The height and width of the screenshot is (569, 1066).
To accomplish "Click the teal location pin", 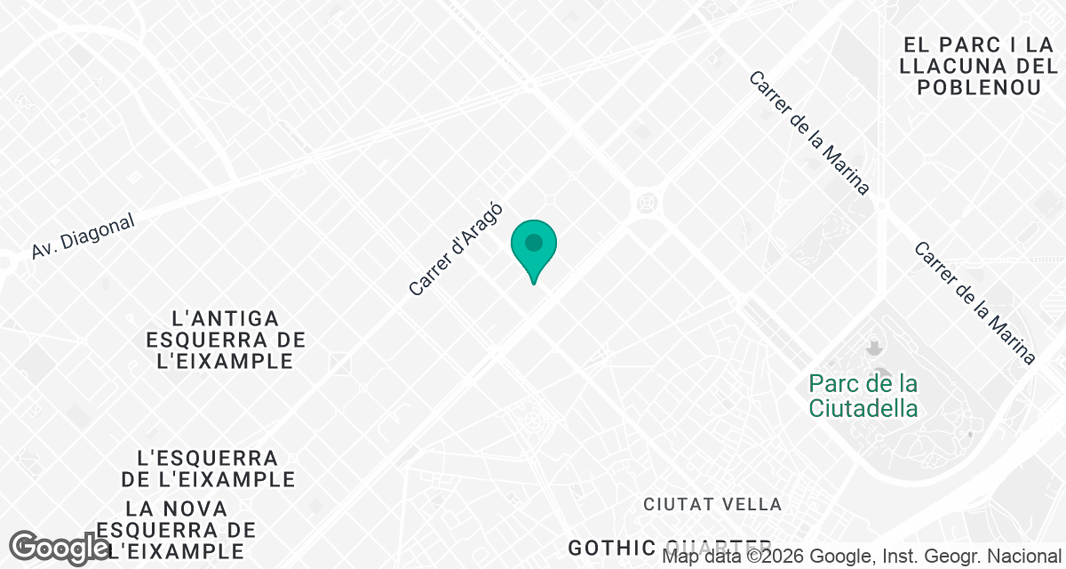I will [533, 249].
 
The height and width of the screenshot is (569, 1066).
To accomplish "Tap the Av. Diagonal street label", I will [83, 236].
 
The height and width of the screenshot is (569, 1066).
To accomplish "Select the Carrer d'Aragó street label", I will [457, 250].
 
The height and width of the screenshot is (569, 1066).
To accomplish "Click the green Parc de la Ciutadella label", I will [863, 397].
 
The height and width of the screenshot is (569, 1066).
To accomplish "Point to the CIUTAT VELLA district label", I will [712, 505].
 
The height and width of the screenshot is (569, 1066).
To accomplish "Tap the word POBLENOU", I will [979, 87].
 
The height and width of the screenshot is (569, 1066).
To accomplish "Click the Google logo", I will [60, 548].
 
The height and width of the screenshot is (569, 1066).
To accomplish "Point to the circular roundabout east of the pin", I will [646, 204].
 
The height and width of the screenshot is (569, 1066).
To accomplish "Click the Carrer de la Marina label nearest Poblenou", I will [807, 133].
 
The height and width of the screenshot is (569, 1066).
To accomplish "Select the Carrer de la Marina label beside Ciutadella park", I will [975, 303].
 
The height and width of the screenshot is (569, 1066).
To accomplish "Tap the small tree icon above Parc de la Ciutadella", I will [874, 346].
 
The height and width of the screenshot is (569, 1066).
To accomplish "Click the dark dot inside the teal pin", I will [533, 242].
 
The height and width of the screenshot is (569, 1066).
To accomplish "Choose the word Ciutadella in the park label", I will [863, 409].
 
